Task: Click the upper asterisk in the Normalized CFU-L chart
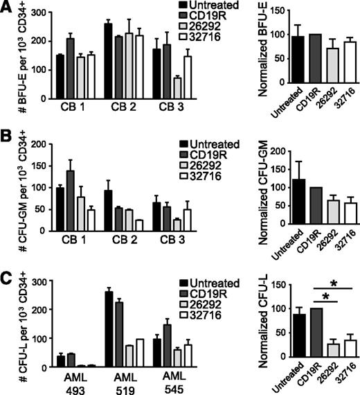(x=334, y=283)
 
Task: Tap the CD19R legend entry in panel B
(x=201, y=154)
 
